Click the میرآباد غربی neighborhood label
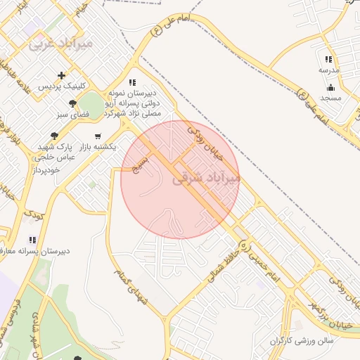point(60,43)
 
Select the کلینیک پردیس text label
point(63,86)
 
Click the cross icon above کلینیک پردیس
point(62,75)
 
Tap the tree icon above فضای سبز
point(73,103)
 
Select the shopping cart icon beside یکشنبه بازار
point(97,136)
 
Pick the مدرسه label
point(328,70)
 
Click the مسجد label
point(330,98)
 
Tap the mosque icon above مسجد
point(330,87)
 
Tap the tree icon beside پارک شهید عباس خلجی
point(54,136)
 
